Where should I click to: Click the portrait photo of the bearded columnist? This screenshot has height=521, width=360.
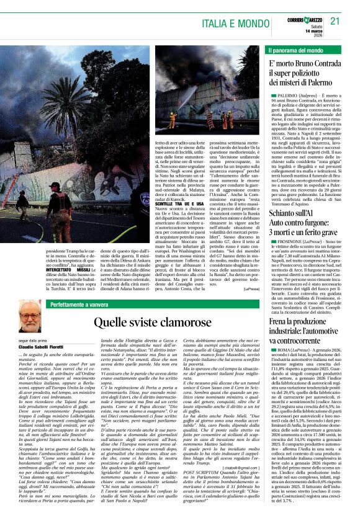point(30,316)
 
